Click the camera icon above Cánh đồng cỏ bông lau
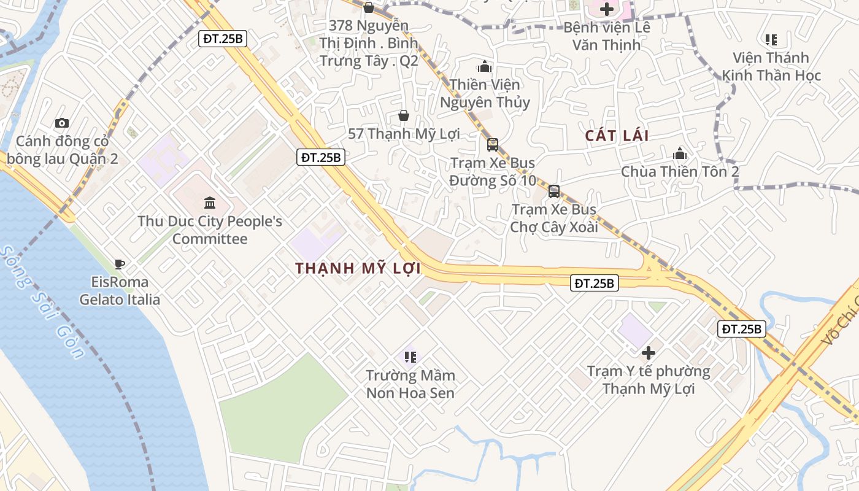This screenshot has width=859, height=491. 62,123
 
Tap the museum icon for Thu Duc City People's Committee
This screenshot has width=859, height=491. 210,203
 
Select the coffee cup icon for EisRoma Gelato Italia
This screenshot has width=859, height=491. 120,264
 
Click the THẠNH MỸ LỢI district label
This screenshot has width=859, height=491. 358,268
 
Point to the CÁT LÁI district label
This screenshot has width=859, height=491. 617,136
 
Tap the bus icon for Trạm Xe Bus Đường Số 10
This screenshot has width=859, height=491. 493,145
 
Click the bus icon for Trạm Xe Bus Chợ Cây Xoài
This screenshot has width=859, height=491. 554,191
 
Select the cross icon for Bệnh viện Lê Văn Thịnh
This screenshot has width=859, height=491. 607,9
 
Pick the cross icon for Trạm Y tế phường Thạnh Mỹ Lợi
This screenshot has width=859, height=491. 649,353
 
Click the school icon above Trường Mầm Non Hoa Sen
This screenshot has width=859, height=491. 410,357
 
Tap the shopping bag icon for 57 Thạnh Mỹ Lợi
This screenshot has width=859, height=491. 404,115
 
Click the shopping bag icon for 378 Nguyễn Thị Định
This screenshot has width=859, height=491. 369,7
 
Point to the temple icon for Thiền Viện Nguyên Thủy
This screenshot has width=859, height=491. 485,66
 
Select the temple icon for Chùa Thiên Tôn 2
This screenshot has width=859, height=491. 680,153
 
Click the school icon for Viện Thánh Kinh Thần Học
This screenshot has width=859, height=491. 771,40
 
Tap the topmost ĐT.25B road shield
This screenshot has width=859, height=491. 224,39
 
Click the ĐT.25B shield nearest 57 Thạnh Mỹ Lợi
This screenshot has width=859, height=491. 321,157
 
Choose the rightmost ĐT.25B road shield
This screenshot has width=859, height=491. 742,329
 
